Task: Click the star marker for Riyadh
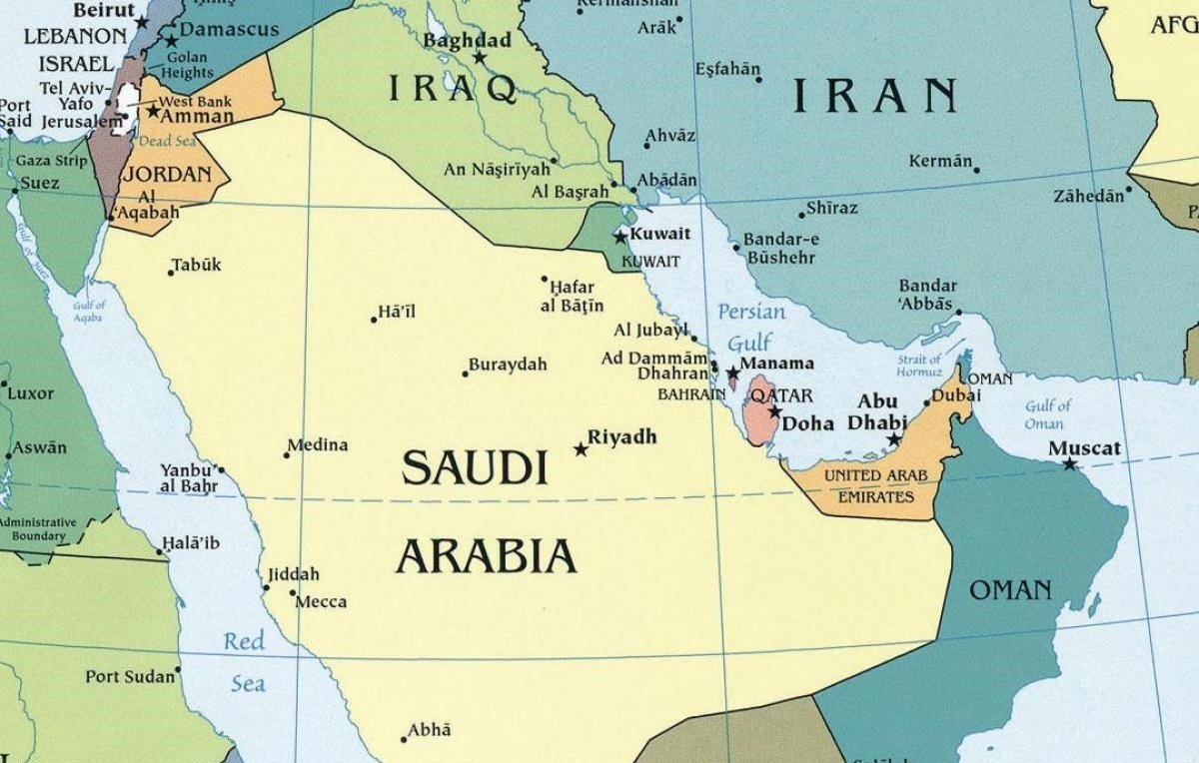tap(581, 449)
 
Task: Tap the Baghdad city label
tap(467, 41)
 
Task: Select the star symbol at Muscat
tap(1070, 463)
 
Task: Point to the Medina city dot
tap(287, 455)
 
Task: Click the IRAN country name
tap(875, 96)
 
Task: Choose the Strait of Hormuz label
tap(919, 366)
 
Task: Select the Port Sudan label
tap(130, 677)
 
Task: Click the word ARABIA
tap(487, 555)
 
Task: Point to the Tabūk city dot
tap(171, 273)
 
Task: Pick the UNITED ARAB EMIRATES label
tap(867, 485)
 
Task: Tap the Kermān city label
tap(940, 161)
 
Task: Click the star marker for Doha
tap(774, 411)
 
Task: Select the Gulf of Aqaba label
tap(89, 311)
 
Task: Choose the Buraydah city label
tap(509, 365)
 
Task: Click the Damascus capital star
tap(172, 41)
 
